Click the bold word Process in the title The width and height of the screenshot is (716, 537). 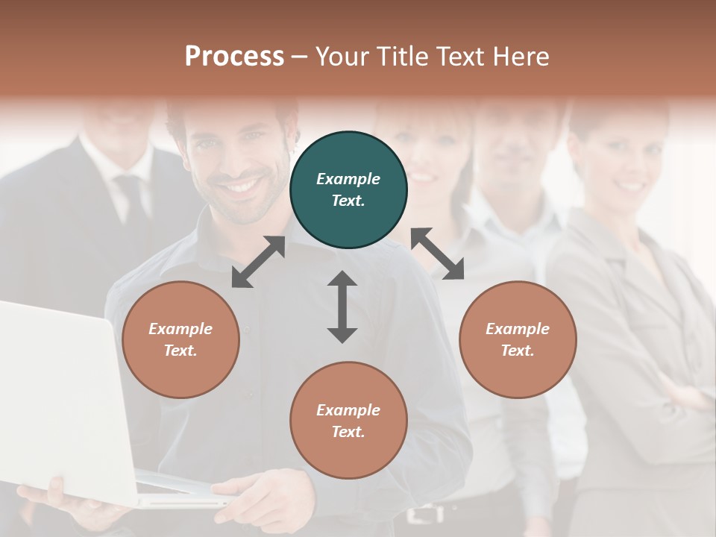[234, 57]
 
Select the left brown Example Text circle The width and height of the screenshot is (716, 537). [180, 339]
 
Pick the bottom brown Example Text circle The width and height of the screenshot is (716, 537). [348, 420]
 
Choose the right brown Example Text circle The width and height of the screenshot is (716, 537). [518, 339]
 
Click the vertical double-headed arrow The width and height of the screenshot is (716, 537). [342, 307]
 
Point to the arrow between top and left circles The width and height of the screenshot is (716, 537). [258, 261]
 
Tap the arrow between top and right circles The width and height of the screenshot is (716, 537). [438, 254]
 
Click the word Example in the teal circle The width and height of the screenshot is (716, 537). [348, 179]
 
